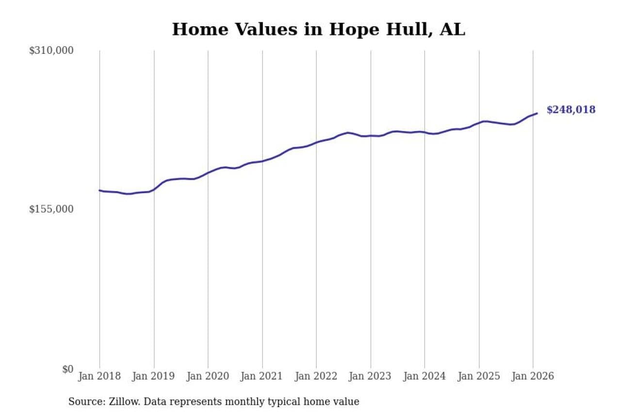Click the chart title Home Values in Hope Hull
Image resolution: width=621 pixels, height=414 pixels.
318,30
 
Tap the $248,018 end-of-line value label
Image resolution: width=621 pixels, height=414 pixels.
571,110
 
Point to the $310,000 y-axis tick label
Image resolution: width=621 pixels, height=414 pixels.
51,50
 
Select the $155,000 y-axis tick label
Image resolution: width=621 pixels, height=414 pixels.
51,209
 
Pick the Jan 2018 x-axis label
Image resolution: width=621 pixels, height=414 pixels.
100,377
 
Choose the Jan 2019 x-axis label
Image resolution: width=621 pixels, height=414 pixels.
154,377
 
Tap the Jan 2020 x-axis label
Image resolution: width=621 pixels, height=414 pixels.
208,377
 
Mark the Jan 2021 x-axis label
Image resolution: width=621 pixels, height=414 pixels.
262,377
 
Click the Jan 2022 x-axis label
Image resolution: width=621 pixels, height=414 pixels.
316,377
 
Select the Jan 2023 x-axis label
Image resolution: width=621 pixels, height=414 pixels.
371,377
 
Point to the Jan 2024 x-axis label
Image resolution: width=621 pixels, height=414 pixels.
425,377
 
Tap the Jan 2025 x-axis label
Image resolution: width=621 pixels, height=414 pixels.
479,377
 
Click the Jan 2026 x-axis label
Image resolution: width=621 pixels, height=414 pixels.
533,377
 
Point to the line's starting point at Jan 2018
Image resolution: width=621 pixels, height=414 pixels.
100,190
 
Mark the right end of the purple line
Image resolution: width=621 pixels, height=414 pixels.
537,114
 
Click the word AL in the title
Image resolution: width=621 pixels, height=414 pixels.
452,30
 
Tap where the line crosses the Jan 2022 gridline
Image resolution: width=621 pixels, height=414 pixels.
316,142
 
